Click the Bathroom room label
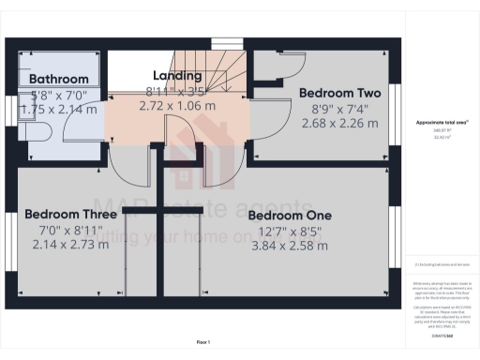58,80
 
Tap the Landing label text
177,76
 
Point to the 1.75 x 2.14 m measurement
58,109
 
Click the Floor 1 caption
203,341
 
